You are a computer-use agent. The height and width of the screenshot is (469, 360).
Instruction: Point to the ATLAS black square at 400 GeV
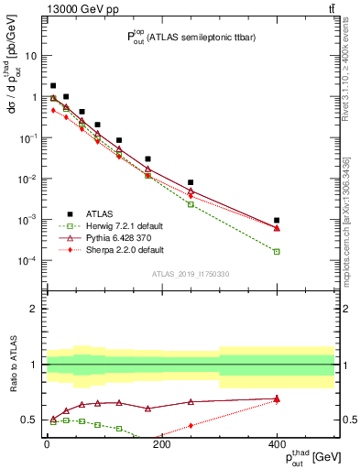pyautogui.click(x=277, y=220)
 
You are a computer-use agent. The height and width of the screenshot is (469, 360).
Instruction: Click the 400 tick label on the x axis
pyautogui.click(x=277, y=444)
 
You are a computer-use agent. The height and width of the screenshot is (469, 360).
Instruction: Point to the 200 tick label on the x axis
pyautogui.click(x=161, y=444)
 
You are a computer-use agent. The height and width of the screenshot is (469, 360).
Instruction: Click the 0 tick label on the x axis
pyautogui.click(x=47, y=444)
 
